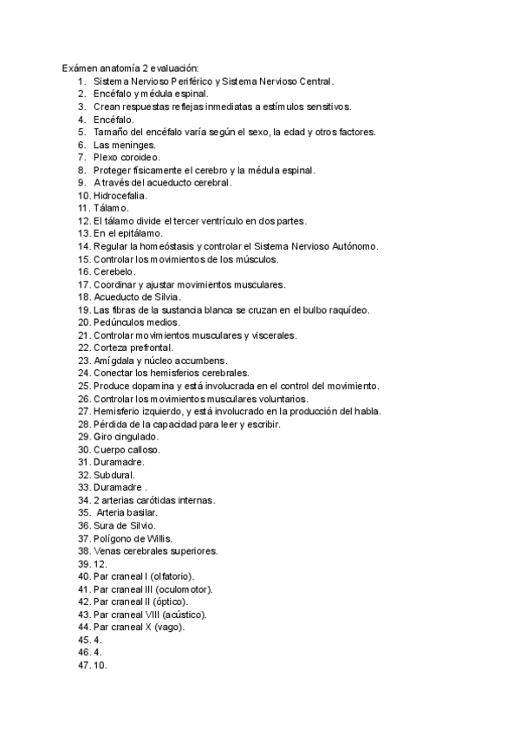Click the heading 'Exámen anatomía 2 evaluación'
[x=130, y=68]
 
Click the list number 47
[x=83, y=666]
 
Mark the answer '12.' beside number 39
[x=99, y=563]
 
